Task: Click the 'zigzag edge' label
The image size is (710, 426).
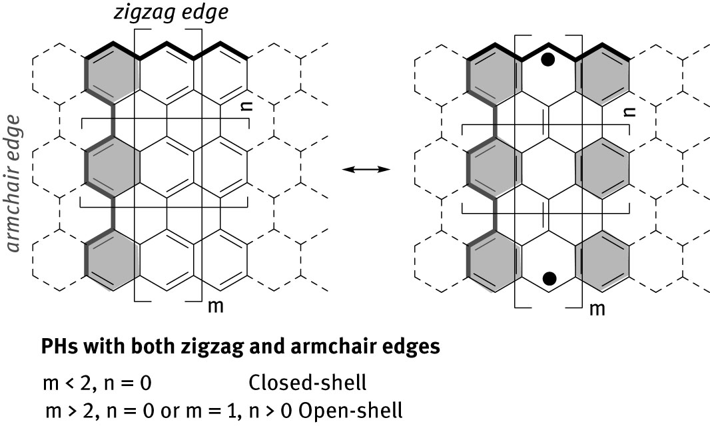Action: pos(171,12)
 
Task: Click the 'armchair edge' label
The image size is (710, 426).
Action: pos(14,183)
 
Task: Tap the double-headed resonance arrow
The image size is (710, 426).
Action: pos(366,169)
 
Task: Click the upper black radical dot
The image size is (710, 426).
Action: pos(548,59)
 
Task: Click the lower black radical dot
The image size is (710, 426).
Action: pos(549,278)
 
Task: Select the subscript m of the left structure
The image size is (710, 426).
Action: pos(216,306)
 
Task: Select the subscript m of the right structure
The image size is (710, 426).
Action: pos(597,310)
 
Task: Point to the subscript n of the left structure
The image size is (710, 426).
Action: pos(246,105)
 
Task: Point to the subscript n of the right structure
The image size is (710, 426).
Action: pos(629,111)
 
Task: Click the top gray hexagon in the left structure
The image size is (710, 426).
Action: pos(113,74)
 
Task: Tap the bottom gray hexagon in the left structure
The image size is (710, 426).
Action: pos(113,260)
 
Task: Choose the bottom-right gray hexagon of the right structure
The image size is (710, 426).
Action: pos(602,261)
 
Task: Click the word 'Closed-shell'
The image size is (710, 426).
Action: pos(308,383)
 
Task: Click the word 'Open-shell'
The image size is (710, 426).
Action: pos(351,411)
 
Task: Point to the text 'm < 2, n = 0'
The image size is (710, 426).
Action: pos(97,383)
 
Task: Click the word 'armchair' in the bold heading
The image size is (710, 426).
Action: pos(330,346)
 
